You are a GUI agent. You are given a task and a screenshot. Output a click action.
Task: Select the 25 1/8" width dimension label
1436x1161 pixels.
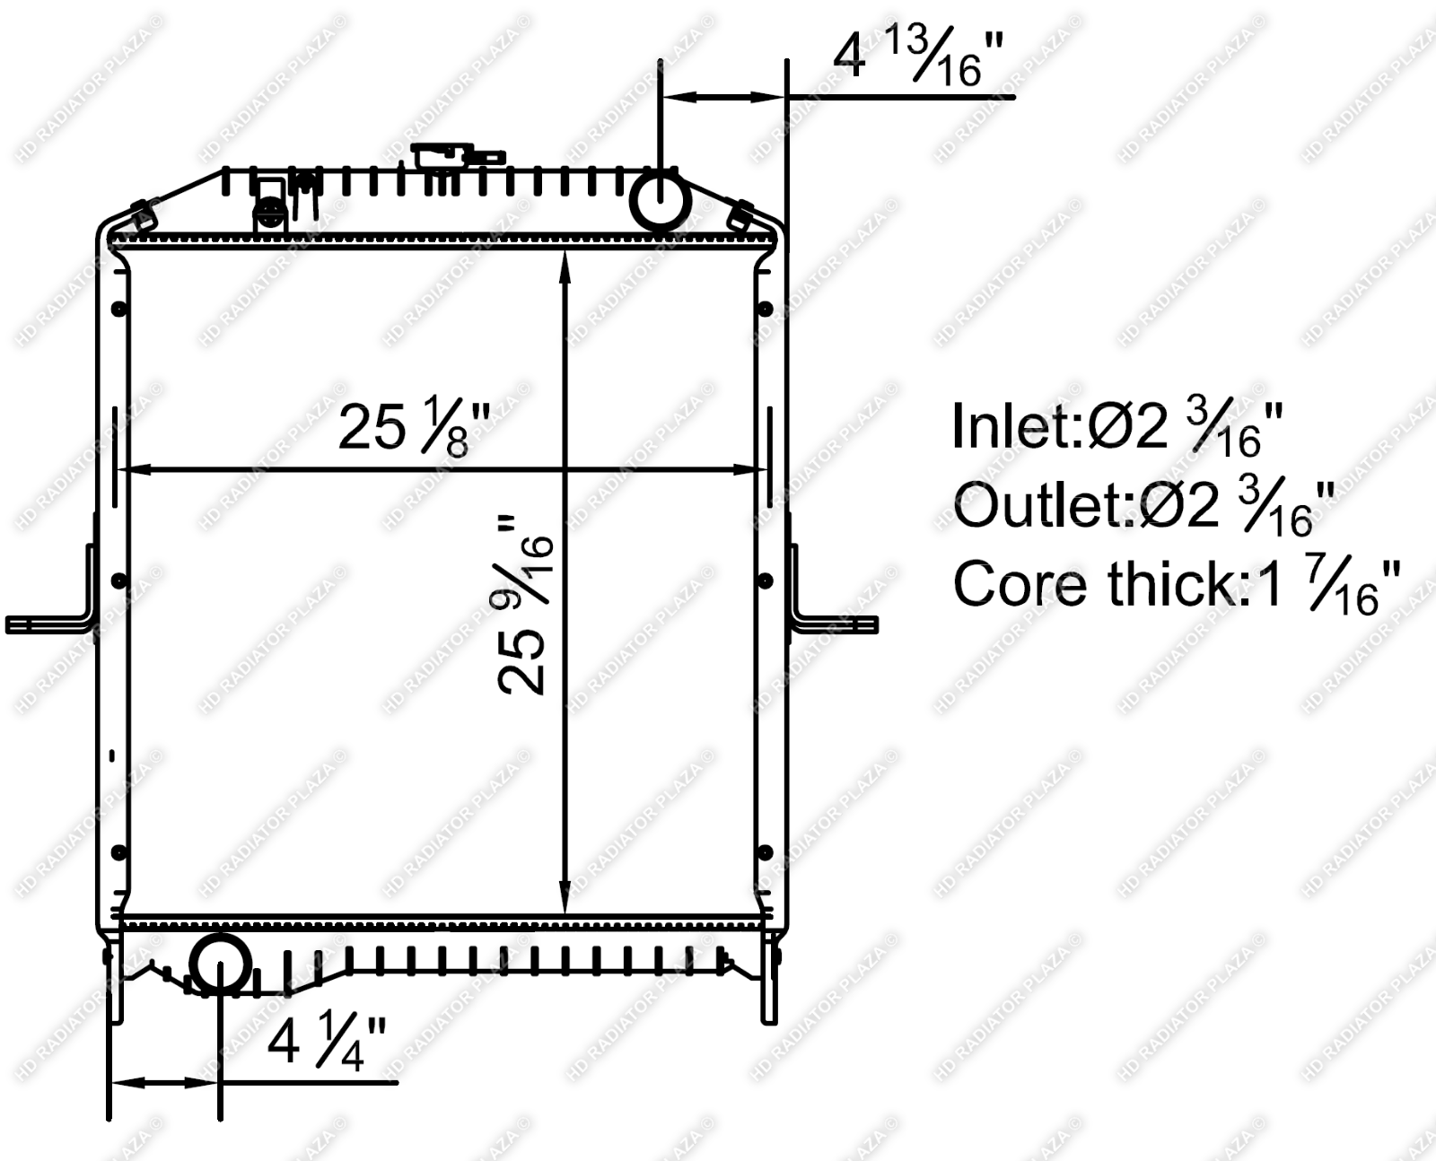415,427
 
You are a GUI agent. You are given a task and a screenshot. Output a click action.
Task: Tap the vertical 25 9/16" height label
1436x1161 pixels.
526,605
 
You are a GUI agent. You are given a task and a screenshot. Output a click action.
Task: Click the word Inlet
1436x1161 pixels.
1015,427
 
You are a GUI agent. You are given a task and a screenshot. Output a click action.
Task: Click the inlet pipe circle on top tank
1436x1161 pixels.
661,201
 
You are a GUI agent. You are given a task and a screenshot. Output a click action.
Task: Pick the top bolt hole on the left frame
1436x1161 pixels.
118,310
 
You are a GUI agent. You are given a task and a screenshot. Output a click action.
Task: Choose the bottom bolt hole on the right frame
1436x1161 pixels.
765,851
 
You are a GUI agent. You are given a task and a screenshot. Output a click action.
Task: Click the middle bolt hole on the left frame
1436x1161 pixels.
118,581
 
